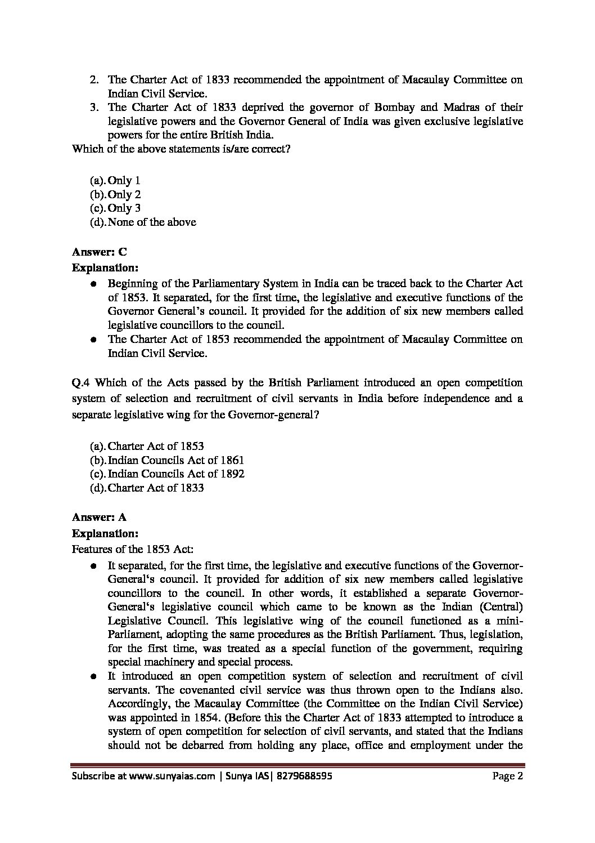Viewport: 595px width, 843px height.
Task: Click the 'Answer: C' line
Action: click(100, 252)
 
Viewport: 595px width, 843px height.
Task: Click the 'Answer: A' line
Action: click(100, 516)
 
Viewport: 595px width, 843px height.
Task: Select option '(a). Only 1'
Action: click(115, 181)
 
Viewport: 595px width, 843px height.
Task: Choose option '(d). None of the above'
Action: click(143, 222)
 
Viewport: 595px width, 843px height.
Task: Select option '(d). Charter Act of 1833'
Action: click(147, 488)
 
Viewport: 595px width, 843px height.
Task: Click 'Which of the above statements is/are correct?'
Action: click(181, 149)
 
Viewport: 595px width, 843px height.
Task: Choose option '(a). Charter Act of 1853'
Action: click(147, 446)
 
